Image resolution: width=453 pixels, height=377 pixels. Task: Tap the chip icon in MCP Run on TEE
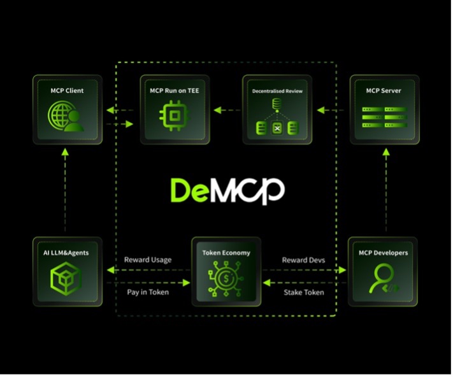click(x=174, y=116)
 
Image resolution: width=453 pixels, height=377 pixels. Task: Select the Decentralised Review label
click(x=277, y=91)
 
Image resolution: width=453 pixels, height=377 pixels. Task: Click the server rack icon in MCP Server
click(x=385, y=117)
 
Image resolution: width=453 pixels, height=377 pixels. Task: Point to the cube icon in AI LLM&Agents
click(x=66, y=278)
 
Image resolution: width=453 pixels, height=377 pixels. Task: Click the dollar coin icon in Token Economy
click(x=226, y=278)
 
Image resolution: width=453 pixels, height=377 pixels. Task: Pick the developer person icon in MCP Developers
click(x=384, y=279)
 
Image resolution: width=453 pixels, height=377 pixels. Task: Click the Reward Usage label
click(x=148, y=260)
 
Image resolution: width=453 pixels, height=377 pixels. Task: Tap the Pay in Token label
click(x=148, y=292)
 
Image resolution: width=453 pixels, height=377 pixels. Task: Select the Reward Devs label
click(x=303, y=260)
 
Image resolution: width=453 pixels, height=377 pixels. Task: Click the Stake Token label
click(x=304, y=292)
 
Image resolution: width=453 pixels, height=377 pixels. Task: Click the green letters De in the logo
click(x=189, y=190)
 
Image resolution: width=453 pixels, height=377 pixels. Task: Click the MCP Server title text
click(x=384, y=90)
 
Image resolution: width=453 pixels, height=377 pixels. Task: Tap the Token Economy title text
click(x=226, y=253)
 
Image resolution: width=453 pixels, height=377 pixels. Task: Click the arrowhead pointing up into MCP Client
click(x=65, y=152)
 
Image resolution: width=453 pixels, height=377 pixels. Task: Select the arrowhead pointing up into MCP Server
click(x=386, y=152)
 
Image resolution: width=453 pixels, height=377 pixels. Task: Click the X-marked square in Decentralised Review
click(x=277, y=128)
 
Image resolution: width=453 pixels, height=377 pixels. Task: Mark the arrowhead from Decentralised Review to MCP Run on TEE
click(x=217, y=110)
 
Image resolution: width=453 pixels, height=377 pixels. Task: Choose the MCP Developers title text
click(x=383, y=253)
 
